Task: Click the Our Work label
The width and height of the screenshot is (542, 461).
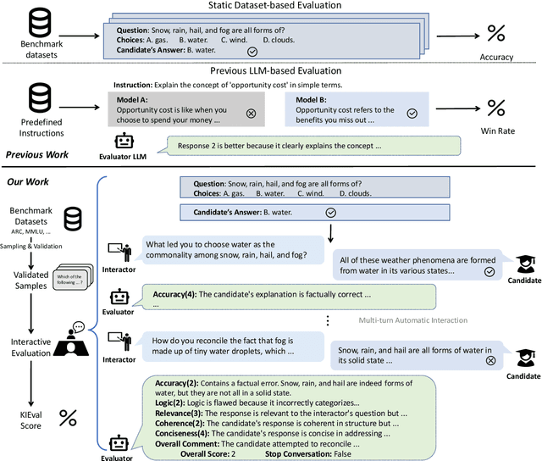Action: click(27, 182)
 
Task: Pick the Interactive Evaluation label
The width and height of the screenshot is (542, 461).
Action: click(30, 347)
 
